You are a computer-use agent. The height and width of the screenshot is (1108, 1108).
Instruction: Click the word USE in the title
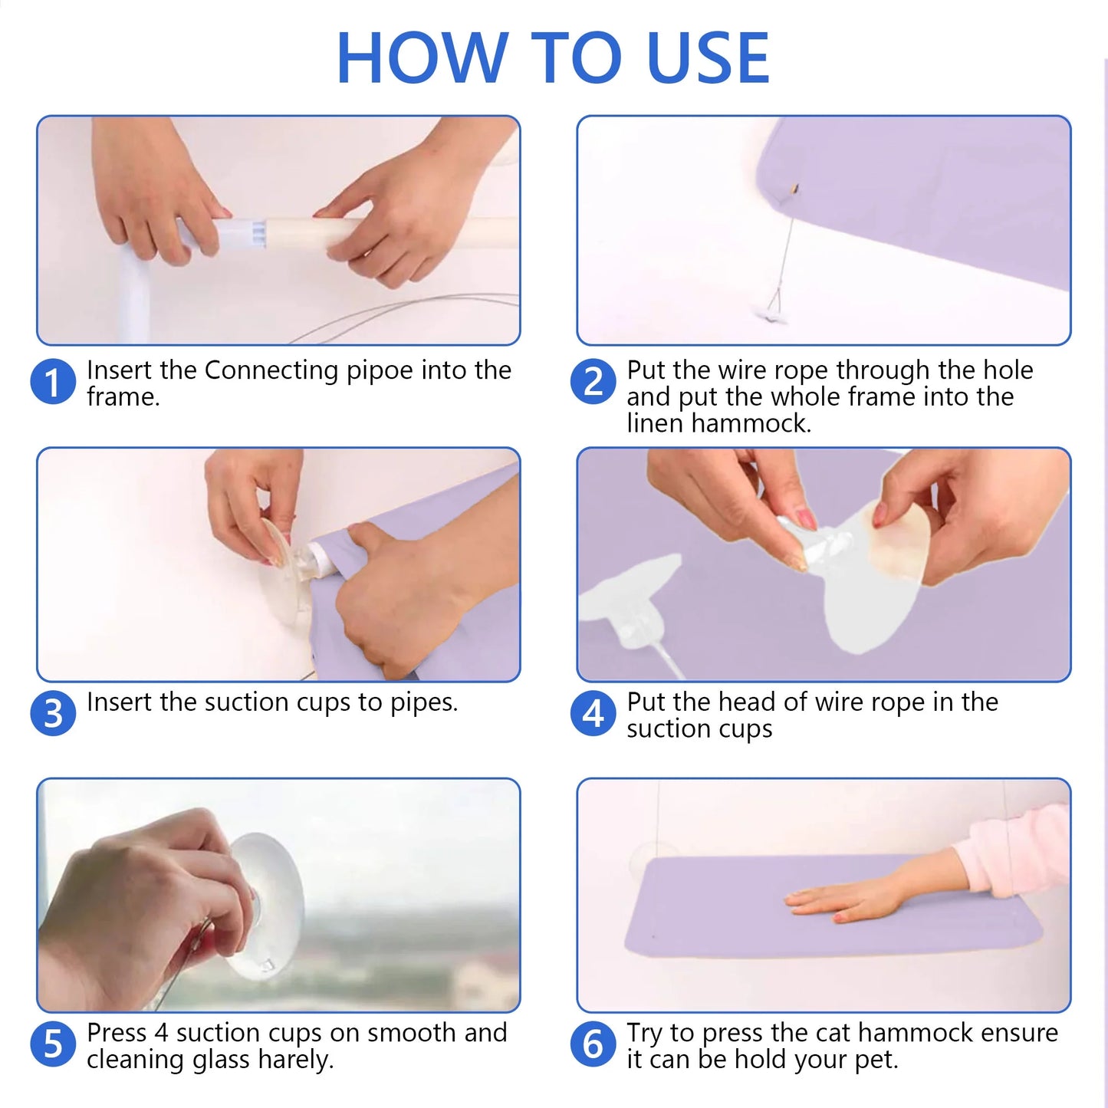coord(708,58)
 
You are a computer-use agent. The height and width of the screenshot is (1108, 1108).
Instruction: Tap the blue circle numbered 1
coord(53,382)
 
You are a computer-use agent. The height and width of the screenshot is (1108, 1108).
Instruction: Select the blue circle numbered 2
coord(593,382)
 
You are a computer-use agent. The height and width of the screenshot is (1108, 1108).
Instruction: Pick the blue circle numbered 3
coord(53,714)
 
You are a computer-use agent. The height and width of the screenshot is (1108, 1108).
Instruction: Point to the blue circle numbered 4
coord(593,714)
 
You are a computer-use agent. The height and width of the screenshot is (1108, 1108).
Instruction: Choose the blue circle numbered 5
coord(53,1044)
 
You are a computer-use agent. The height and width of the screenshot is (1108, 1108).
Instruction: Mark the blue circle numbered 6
coord(593,1044)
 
